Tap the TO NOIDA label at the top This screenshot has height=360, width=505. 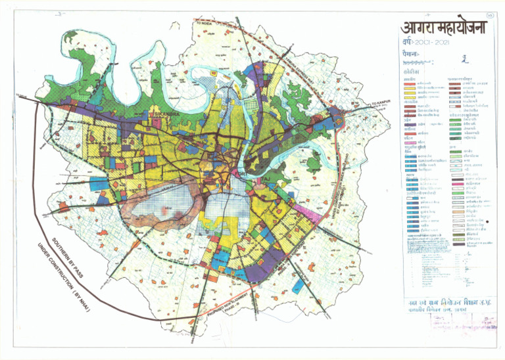click(x=206, y=24)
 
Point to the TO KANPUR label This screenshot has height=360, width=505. click(x=381, y=103)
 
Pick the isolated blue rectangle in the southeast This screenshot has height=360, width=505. click(x=300, y=284)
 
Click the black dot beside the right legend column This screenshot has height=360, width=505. click(x=489, y=221)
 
